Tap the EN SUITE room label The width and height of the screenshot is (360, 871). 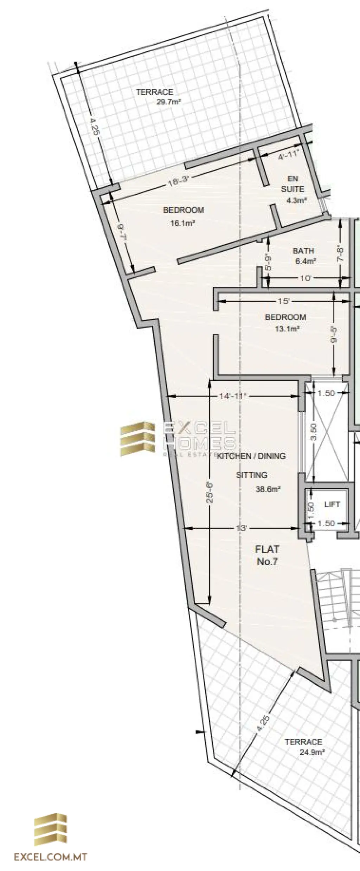coord(292,184)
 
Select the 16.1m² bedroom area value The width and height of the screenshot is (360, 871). coord(183,223)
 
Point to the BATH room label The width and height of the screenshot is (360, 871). coord(303,251)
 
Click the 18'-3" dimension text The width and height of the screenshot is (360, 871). coord(178,182)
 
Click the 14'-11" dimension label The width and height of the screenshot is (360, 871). coord(232,396)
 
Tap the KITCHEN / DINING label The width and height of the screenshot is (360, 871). coord(251,456)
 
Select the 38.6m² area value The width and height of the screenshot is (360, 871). coord(268,489)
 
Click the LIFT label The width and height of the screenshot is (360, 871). coord(332,504)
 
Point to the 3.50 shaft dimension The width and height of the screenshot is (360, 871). coord(315,432)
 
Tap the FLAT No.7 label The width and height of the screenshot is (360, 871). coord(267,555)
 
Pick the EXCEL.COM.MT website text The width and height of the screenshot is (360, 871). coord(50,854)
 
